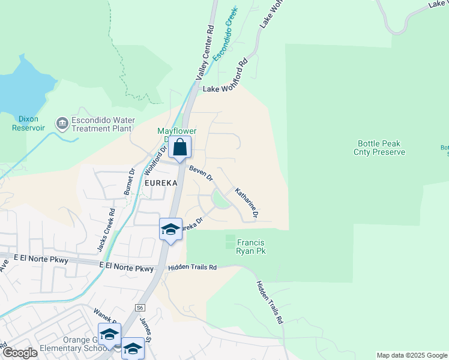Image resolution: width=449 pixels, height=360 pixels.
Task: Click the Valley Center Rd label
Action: coord(205,53)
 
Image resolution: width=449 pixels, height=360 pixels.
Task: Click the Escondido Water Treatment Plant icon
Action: coord(62,124)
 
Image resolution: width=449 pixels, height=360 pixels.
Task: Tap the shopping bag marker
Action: coord(179,146)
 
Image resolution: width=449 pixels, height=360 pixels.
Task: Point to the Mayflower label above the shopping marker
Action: coord(176,131)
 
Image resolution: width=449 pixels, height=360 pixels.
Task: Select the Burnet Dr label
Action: coord(129,184)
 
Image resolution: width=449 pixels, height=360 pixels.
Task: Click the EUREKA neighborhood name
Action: coord(160,182)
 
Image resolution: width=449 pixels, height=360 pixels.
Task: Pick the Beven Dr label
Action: coord(201,173)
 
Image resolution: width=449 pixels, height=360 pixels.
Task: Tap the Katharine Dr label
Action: coord(246,203)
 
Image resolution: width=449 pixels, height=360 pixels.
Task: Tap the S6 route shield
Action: coord(140,307)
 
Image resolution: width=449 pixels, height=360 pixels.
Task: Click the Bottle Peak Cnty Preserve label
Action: coord(379,148)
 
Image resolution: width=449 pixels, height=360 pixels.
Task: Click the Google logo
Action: coord(19,353)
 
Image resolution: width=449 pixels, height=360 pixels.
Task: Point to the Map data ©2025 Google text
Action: coord(411,355)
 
